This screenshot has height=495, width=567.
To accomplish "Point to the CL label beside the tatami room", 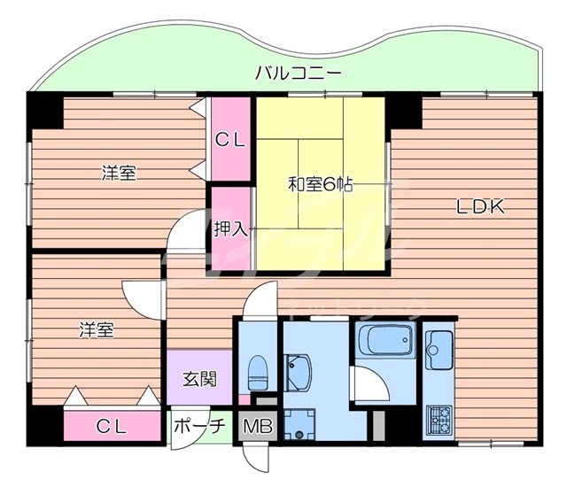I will click(231, 139).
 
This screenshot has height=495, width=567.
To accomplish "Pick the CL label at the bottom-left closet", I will click(112, 427).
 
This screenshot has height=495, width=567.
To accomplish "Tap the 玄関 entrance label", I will click(198, 380).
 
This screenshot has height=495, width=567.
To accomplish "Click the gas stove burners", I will click(439, 416).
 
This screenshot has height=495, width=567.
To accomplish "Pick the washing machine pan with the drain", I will click(302, 422).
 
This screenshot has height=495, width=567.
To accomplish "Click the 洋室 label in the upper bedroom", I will click(117, 173).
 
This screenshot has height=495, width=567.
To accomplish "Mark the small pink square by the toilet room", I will click(245, 399).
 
